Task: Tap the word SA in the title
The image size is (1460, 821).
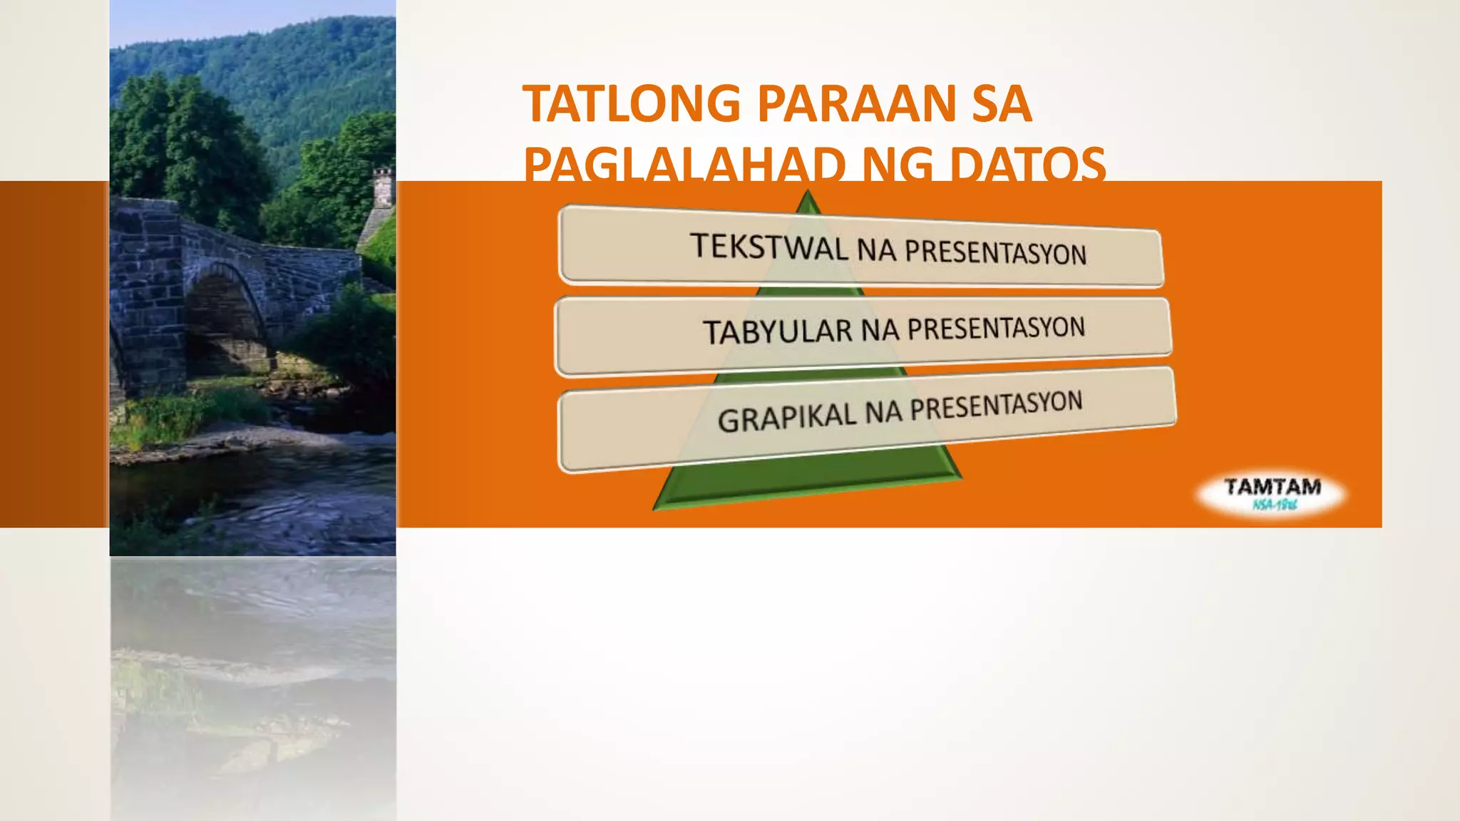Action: point(1002,104)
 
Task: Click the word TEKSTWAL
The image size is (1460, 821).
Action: point(769,247)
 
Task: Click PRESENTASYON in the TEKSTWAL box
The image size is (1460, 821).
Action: point(995,252)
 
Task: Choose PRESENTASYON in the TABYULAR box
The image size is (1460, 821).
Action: point(996,329)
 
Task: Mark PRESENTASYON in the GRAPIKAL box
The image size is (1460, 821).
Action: point(996,406)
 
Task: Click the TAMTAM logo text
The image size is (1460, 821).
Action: point(1273,487)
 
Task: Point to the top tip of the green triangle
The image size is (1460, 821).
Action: point(808,193)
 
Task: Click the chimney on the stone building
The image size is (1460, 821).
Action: point(383,186)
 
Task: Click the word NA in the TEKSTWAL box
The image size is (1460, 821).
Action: point(876,250)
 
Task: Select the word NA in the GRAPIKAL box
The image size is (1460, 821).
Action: point(883,413)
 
